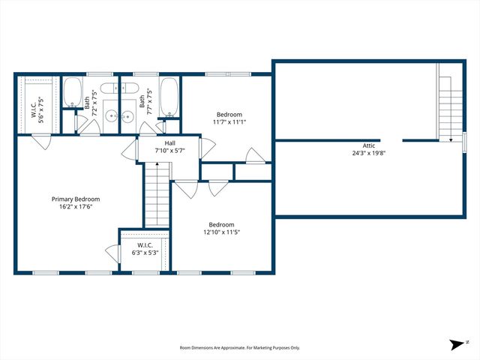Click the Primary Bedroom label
click(76, 199)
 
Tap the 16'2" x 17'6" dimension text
click(76, 208)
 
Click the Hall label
click(169, 142)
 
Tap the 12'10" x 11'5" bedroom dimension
click(221, 232)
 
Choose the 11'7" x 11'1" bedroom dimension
click(229, 121)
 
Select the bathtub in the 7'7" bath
click(169, 94)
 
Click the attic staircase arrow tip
click(450, 139)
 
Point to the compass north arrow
click(457, 345)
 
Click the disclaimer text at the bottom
click(239, 348)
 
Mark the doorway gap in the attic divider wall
click(391, 139)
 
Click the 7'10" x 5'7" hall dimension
click(169, 150)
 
